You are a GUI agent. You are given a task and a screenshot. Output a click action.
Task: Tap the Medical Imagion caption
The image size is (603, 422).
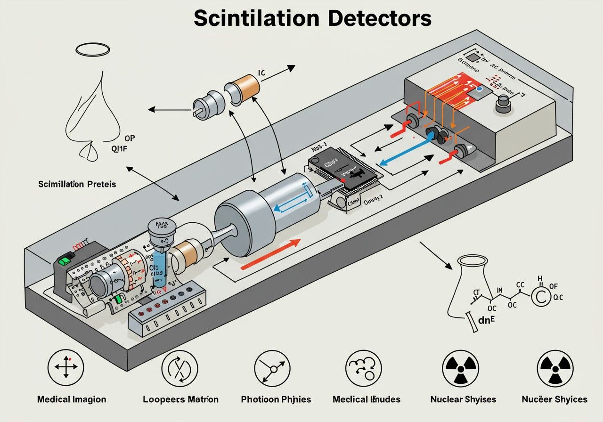tap(72, 399)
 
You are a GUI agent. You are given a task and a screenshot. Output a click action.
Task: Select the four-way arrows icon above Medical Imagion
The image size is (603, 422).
tap(66, 367)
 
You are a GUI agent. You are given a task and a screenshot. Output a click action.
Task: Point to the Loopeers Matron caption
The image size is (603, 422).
tap(180, 399)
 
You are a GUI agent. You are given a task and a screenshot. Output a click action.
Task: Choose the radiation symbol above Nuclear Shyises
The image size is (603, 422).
tap(460, 368)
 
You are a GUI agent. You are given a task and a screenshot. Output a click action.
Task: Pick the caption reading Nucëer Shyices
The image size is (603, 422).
tap(554, 399)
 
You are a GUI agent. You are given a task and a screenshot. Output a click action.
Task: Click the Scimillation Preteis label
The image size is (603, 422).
tap(77, 184)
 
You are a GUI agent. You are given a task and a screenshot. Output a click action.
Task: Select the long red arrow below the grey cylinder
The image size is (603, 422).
tap(270, 254)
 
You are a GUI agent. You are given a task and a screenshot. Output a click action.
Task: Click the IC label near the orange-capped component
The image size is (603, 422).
tap(262, 73)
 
